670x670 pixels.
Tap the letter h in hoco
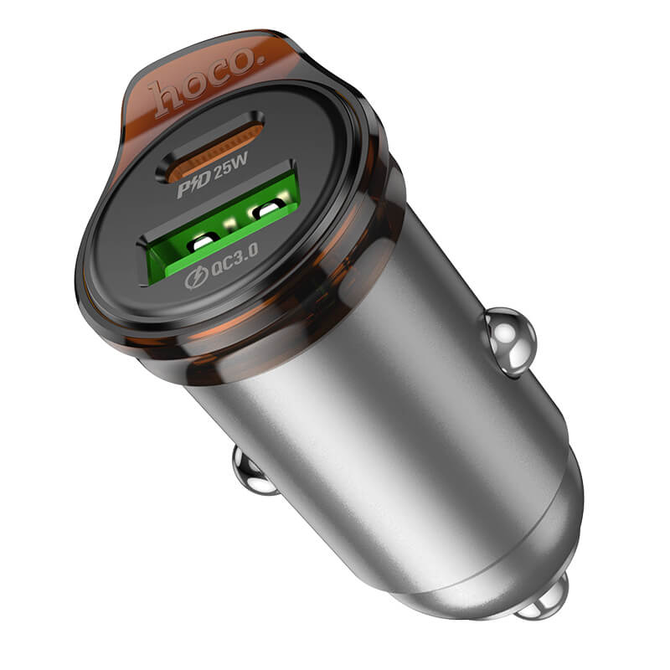tap(162, 96)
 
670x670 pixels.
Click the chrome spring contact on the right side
tap(508, 339)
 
